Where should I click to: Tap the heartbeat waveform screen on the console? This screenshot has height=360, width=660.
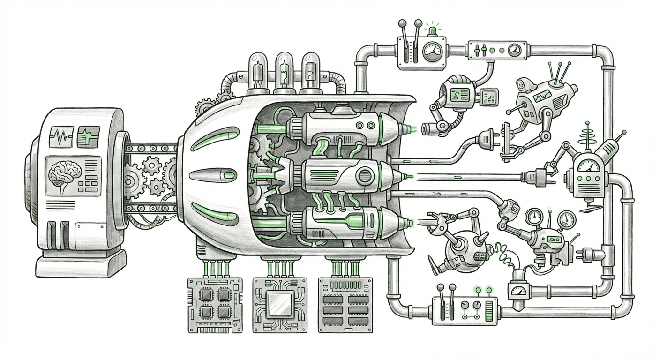pyautogui.click(x=60, y=137)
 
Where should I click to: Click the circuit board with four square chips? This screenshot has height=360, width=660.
pyautogui.click(x=215, y=304)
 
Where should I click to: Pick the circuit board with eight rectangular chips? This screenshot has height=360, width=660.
pyautogui.click(x=345, y=304)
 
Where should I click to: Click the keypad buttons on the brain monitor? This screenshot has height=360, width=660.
pyautogui.click(x=87, y=186)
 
